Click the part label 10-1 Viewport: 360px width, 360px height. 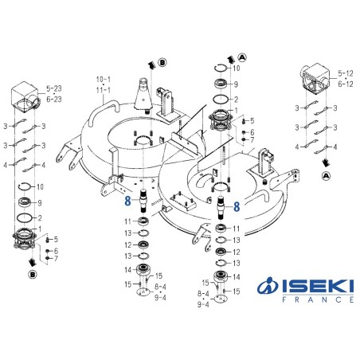pos(104,80)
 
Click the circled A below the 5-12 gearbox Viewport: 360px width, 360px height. pos(327,174)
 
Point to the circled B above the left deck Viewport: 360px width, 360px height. pos(162,61)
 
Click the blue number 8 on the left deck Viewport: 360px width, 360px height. pos(127,202)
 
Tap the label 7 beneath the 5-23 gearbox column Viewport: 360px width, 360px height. pos(55,258)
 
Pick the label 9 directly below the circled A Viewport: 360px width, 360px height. pos(235,84)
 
